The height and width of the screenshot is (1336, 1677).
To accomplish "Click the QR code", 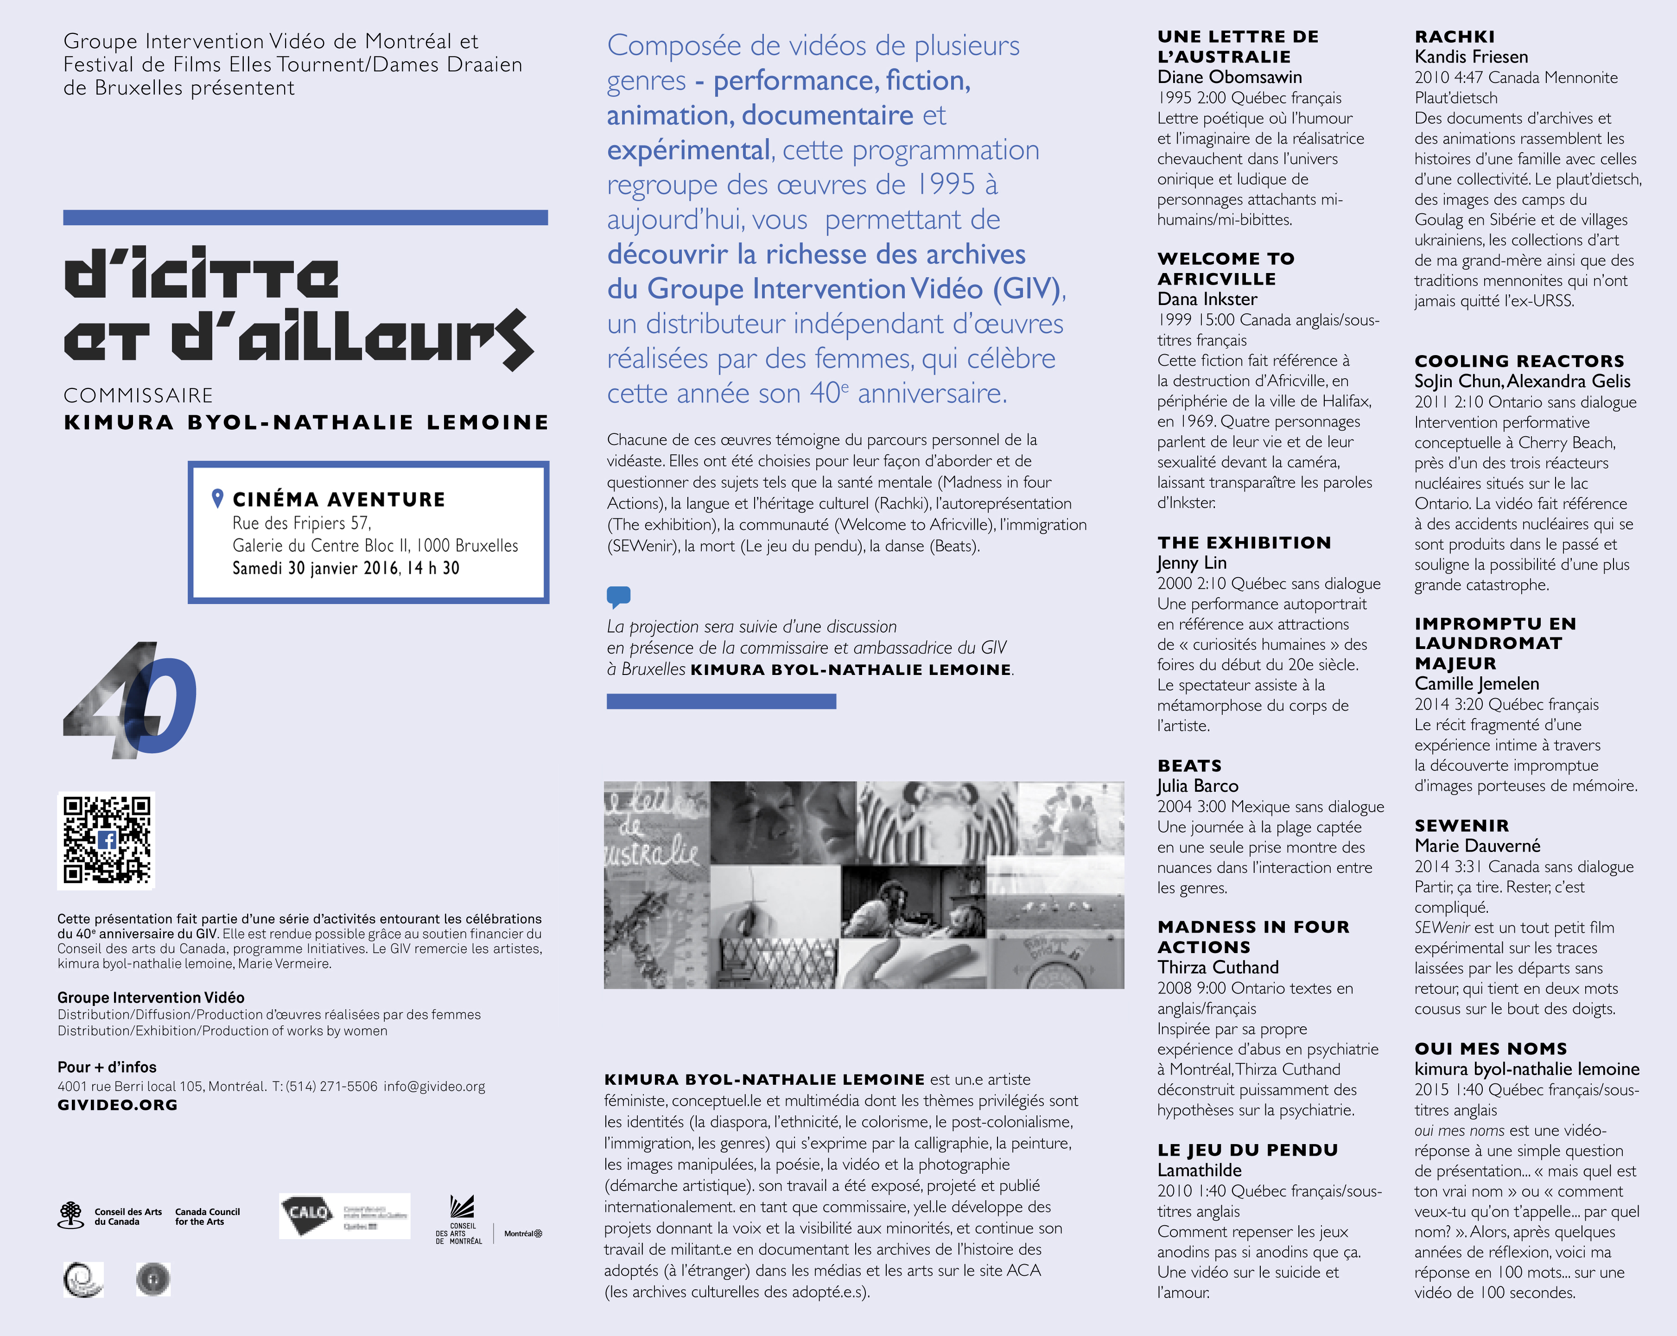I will point(107,840).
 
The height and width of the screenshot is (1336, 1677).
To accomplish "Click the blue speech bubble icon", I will point(618,597).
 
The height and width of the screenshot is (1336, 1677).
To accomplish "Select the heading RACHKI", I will point(1455,37).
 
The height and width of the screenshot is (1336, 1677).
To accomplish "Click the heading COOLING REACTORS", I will point(1519,361).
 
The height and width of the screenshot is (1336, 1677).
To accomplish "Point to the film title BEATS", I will point(1189,766).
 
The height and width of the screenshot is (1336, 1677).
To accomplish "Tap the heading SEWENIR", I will point(1461,826).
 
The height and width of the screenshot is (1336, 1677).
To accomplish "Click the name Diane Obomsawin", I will point(1229,77).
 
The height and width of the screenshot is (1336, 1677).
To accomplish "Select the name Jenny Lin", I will point(1192,563).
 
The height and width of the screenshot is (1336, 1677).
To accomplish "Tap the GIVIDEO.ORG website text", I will point(117,1105).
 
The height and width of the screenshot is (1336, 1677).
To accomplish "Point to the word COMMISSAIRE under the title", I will point(139,395).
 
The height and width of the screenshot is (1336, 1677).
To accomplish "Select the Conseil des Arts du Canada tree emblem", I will point(71,1215).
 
